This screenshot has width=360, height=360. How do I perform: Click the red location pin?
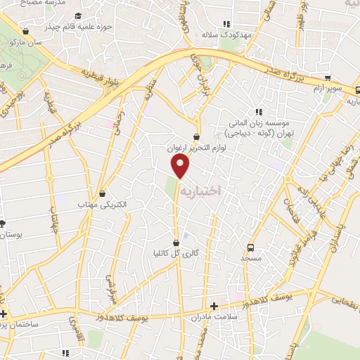click(x=181, y=166)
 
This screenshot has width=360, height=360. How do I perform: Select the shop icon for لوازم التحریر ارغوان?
click(x=195, y=136)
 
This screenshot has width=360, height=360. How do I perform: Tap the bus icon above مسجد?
click(x=251, y=248)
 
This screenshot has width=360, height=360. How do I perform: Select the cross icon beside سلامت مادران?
click(x=214, y=306)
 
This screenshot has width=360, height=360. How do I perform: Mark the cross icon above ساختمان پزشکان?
click(x=4, y=313)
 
